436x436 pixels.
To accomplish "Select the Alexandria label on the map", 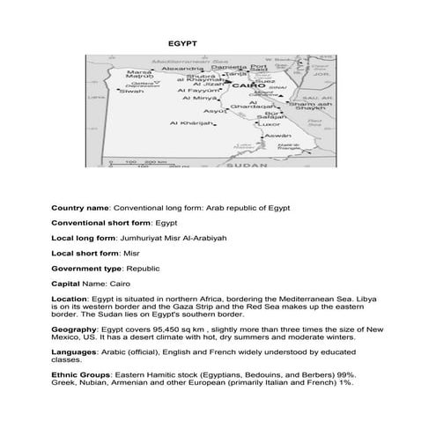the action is [x=182, y=68].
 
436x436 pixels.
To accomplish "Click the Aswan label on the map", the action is [x=277, y=137].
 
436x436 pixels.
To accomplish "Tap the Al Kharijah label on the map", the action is [x=199, y=123].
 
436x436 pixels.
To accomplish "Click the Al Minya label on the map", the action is [x=199, y=99].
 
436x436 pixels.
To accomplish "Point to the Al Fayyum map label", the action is [x=198, y=90].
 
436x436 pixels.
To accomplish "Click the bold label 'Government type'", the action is [x=87, y=266].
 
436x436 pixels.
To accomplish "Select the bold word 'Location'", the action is [x=70, y=299].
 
